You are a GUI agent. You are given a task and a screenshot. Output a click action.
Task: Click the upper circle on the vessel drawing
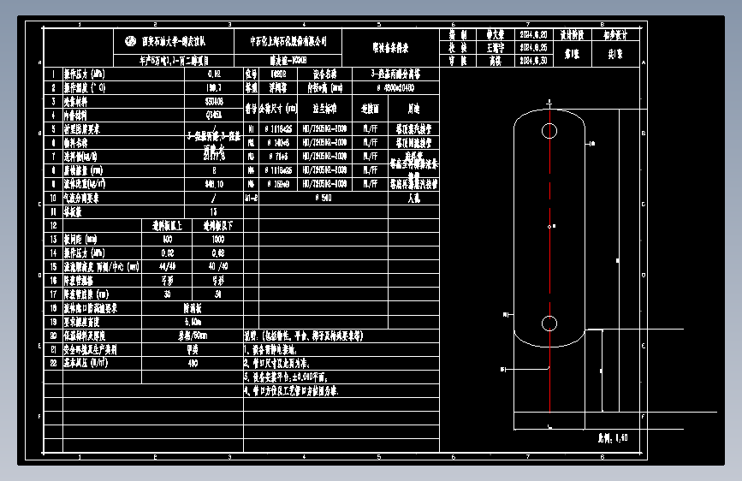(x=549, y=131)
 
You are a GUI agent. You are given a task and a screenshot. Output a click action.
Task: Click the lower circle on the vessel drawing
(x=549, y=324)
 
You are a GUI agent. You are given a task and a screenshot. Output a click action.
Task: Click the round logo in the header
(x=130, y=40)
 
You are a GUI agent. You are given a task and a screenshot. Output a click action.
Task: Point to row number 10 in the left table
(x=53, y=198)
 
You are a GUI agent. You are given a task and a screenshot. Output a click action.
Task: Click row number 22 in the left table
(x=53, y=362)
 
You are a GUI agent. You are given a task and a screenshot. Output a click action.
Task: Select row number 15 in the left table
(x=53, y=266)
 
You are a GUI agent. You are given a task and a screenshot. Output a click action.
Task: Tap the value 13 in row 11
(x=213, y=211)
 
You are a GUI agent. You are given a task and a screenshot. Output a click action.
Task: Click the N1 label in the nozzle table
(x=251, y=129)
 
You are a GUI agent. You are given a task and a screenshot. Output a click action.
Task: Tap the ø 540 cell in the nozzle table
(x=324, y=198)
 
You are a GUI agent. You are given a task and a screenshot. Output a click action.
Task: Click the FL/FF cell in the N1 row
(x=371, y=129)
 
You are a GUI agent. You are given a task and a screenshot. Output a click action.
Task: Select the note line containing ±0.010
(x=291, y=376)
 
